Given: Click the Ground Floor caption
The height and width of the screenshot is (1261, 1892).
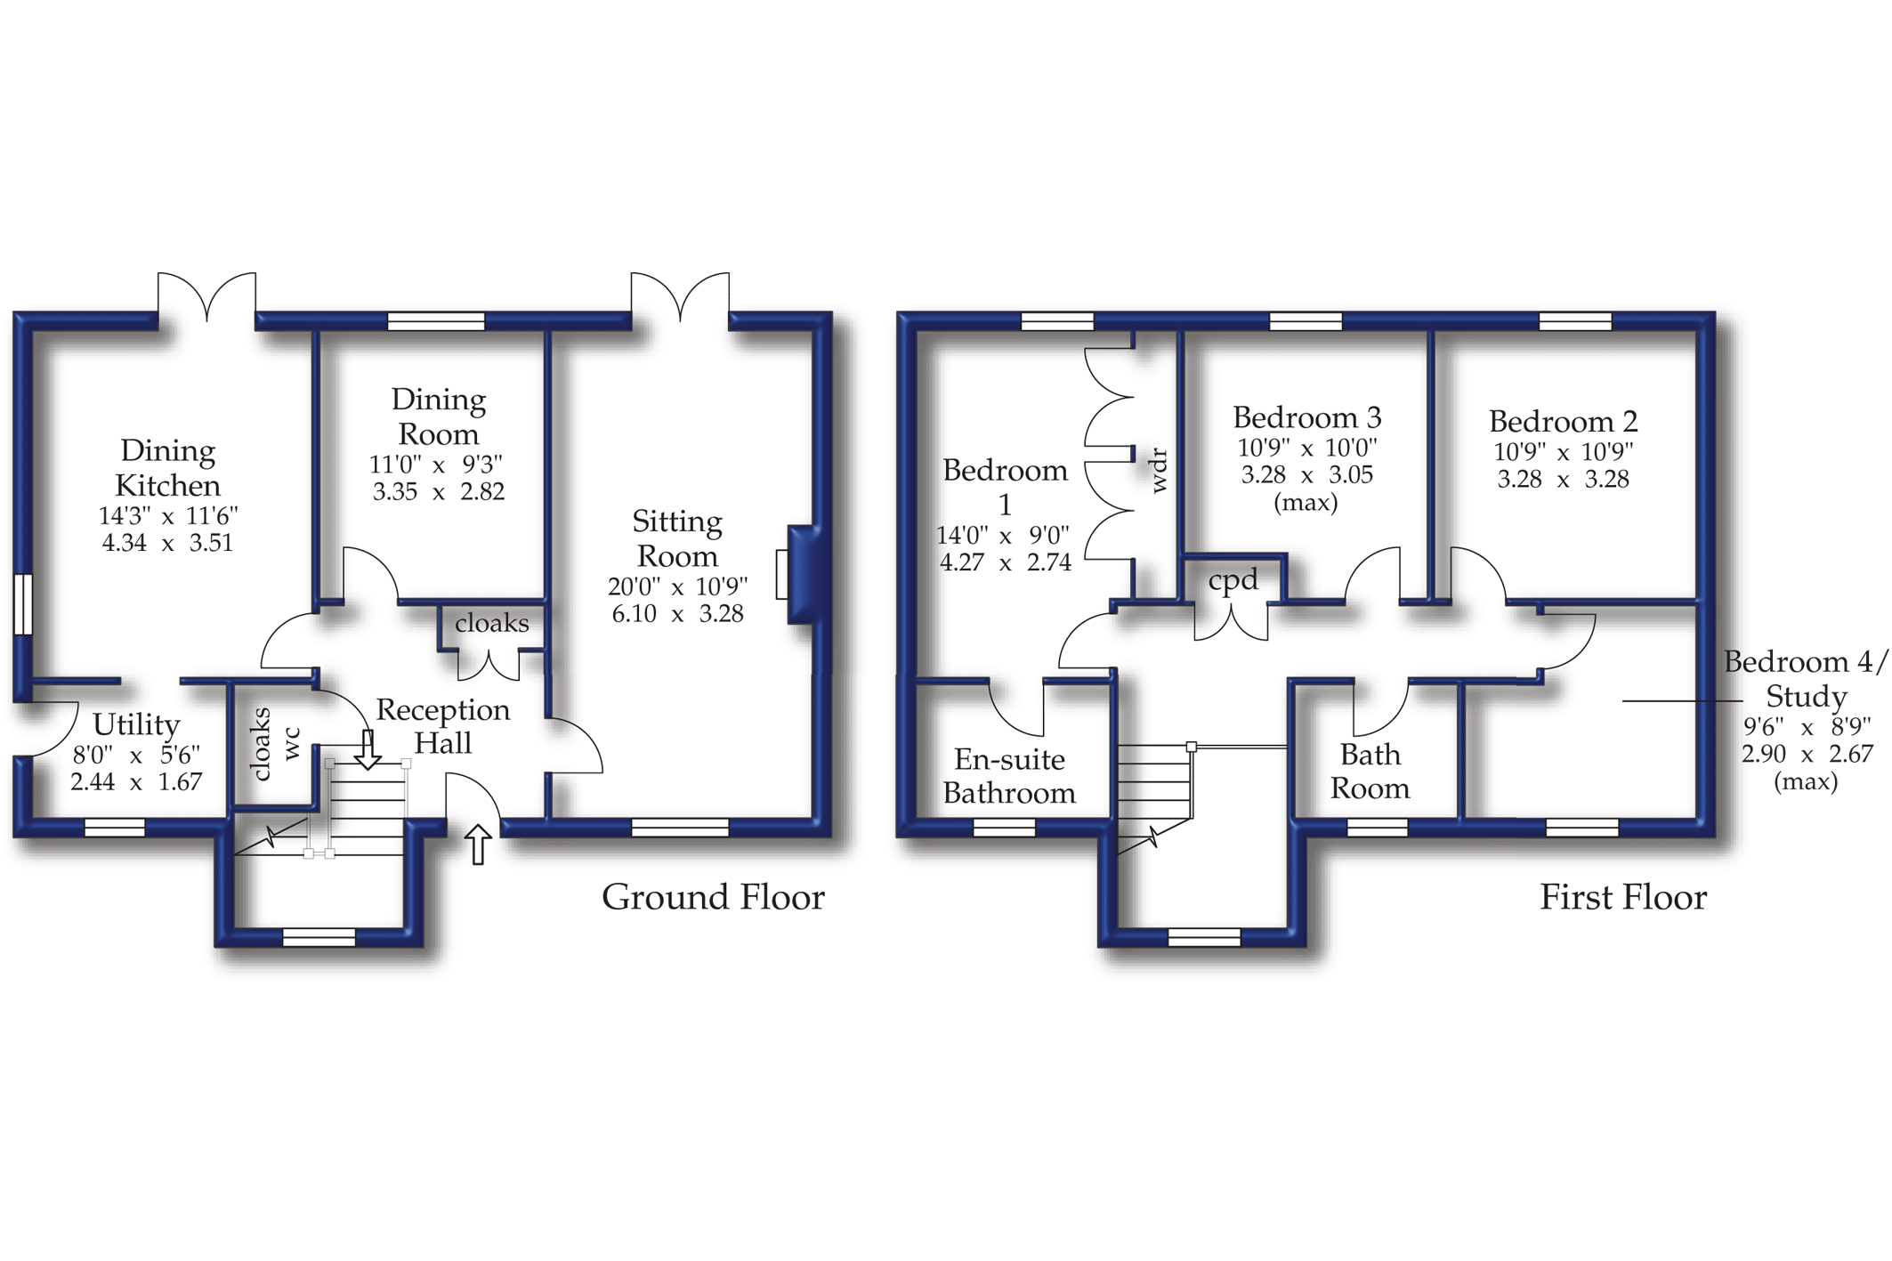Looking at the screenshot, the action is (x=713, y=897).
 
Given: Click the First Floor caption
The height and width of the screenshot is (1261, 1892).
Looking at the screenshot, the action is (x=1623, y=897).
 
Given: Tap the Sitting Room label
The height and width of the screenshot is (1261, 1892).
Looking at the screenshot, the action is (x=677, y=538).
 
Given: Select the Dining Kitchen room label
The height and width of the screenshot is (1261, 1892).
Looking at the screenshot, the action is (x=167, y=468).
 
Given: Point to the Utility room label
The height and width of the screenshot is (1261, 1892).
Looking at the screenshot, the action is (x=136, y=725).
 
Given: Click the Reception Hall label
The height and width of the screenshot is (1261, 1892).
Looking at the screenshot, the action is (x=443, y=726).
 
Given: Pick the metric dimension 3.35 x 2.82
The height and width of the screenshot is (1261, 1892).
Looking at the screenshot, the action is (x=438, y=491).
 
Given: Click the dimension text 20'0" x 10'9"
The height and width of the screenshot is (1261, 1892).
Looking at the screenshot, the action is (x=677, y=586).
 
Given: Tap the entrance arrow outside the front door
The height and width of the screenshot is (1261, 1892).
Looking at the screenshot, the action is (x=479, y=844).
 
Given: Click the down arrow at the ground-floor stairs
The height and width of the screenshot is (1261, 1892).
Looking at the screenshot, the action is (x=368, y=749).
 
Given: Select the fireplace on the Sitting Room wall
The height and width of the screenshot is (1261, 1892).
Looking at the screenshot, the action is (x=803, y=575).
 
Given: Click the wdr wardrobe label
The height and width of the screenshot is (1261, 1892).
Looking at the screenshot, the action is (x=1158, y=471).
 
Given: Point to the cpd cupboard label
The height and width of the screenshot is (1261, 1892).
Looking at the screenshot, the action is (x=1233, y=580).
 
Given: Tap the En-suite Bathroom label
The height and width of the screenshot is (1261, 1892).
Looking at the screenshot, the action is (x=1009, y=776).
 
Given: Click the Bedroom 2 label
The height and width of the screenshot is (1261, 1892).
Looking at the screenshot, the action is (x=1563, y=421).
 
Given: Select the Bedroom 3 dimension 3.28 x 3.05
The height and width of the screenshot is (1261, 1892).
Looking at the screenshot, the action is (x=1306, y=475).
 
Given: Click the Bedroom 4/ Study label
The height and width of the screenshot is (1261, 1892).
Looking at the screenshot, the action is (x=1806, y=679).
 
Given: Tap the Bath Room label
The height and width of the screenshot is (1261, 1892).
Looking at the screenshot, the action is (x=1370, y=772).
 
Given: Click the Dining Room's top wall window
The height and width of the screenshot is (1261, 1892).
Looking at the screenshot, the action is (x=436, y=321).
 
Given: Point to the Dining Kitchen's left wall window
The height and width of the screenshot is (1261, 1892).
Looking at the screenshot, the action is (x=23, y=604).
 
